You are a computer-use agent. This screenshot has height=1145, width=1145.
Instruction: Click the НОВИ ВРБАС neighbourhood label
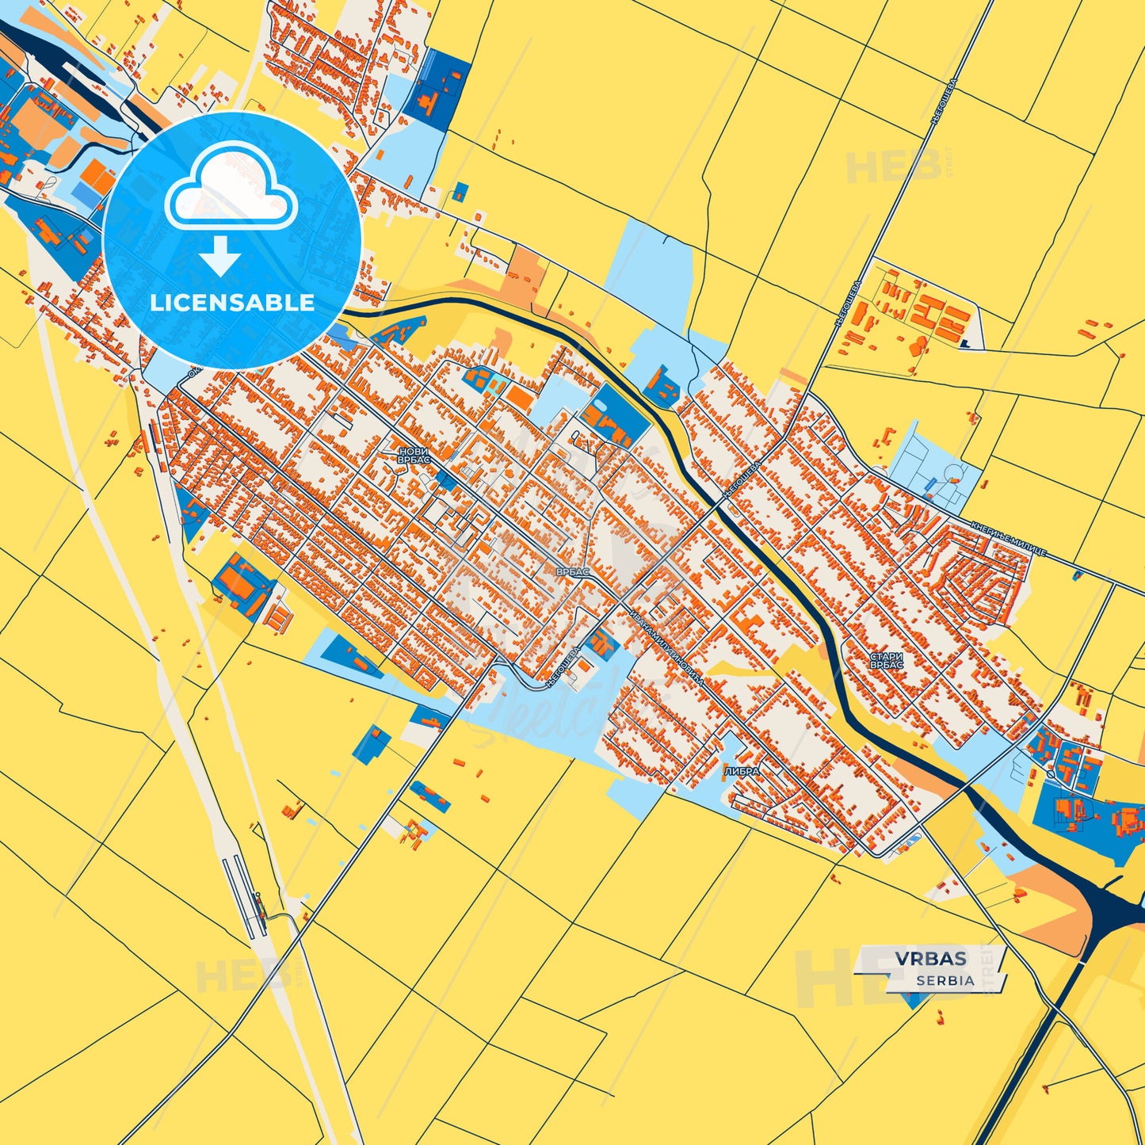point(414,455)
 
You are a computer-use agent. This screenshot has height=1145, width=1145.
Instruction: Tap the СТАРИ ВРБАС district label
point(886,661)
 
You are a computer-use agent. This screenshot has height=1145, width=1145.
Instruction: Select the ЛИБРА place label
point(742,771)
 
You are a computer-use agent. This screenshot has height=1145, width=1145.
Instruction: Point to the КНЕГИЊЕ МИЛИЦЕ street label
point(1009,539)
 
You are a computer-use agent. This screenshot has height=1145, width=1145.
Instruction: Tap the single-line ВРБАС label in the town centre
point(572,571)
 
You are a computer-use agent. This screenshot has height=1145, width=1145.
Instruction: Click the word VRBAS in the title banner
point(931,959)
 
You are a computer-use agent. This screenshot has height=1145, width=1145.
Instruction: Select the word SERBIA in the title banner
point(945,980)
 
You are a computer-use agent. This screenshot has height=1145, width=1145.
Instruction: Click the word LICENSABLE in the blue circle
point(232,303)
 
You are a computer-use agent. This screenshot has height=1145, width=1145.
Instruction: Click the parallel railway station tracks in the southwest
point(242,895)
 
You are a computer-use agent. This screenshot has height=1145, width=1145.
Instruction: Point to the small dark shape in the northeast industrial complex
point(965,343)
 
